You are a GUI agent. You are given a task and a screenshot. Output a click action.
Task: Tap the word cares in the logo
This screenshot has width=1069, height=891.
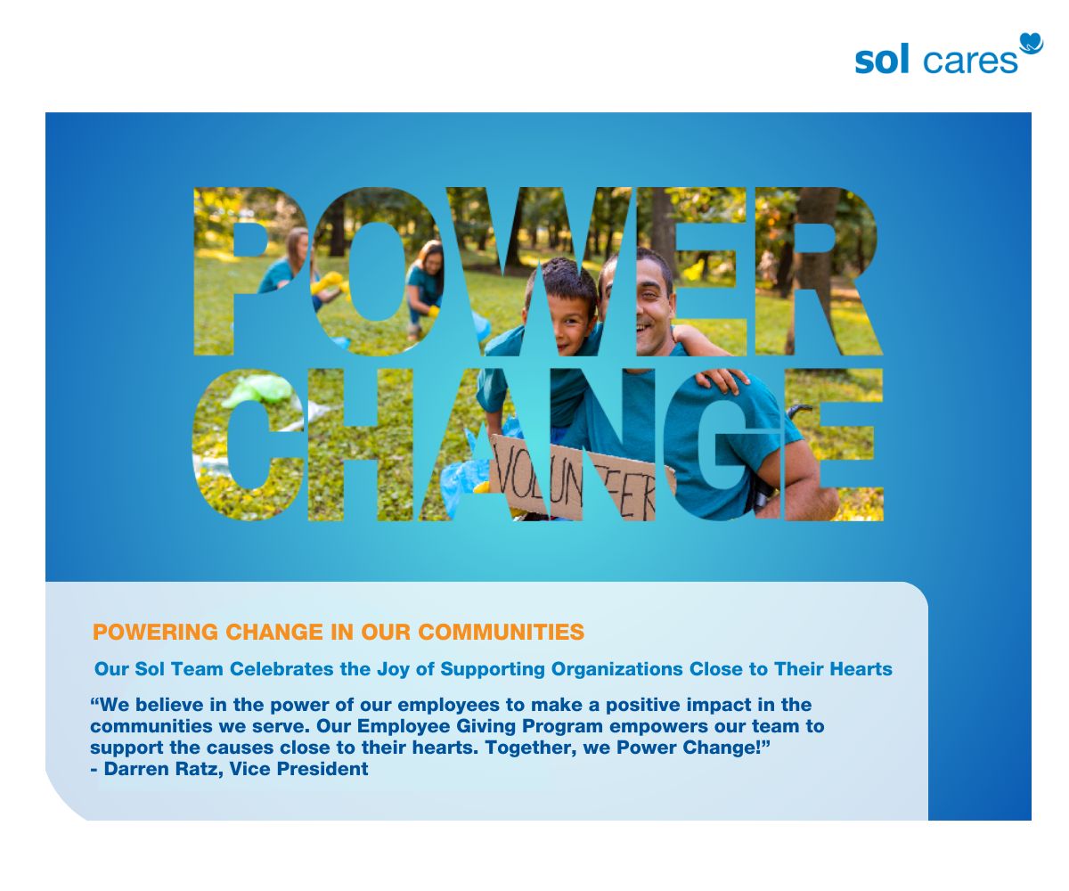(970, 61)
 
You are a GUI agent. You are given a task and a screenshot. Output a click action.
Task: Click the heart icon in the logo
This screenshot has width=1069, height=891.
(1031, 44)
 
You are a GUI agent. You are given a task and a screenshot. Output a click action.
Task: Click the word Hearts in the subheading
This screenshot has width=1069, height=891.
(863, 668)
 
